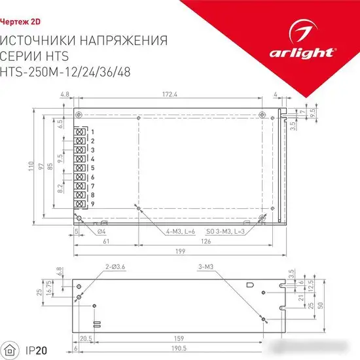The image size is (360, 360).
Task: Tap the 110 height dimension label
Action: click(x=31, y=167)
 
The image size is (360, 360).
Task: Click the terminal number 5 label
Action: click(x=93, y=168)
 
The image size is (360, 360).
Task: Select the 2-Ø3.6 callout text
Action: click(x=115, y=267)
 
